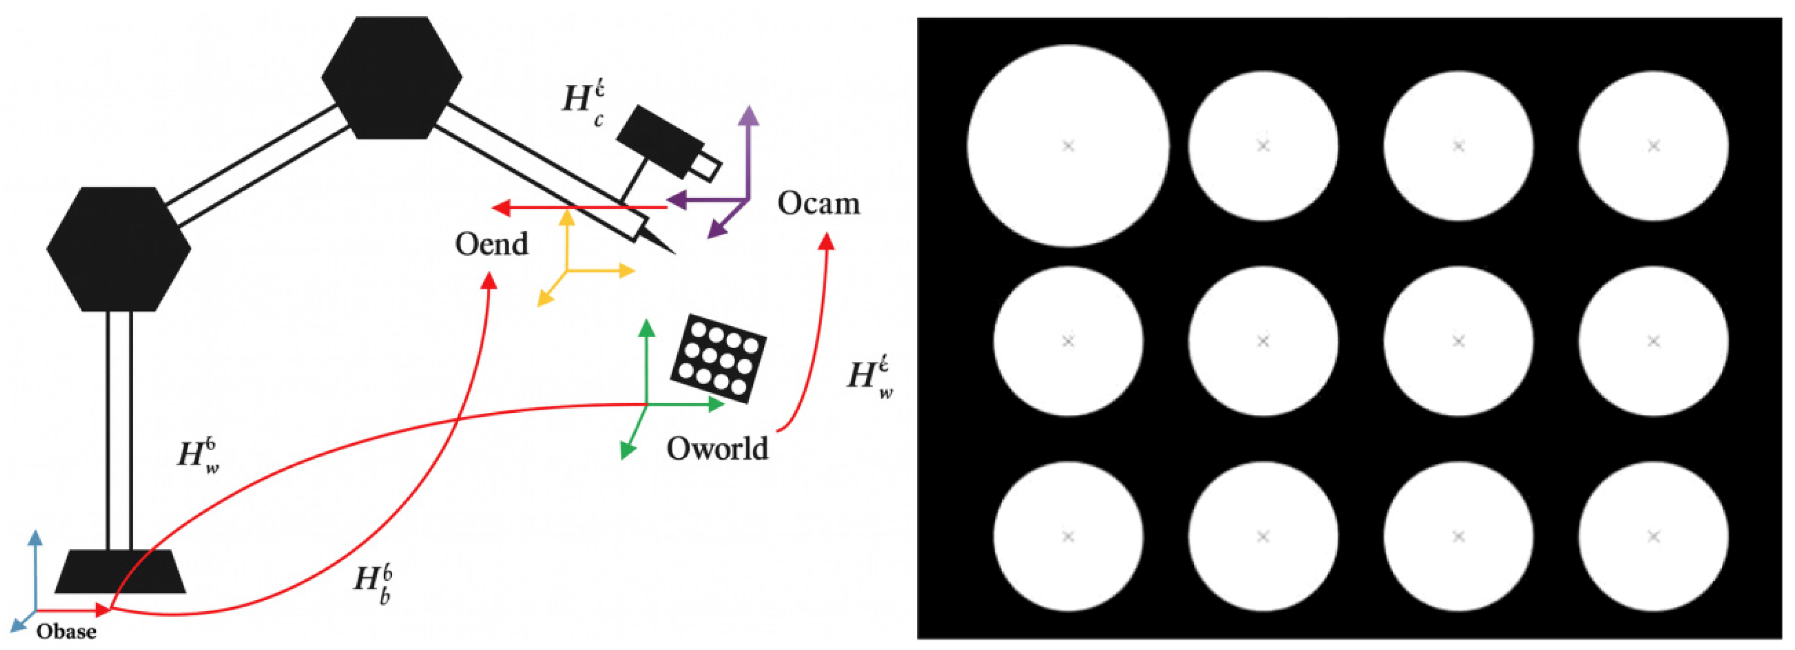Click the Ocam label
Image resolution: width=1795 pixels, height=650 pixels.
click(x=818, y=203)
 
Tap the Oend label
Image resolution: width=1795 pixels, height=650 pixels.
click(x=491, y=244)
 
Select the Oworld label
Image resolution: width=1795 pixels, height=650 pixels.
click(x=717, y=449)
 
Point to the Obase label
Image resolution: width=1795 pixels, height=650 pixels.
click(x=66, y=632)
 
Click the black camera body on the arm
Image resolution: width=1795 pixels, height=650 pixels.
click(x=659, y=141)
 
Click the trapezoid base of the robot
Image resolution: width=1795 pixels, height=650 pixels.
click(x=120, y=572)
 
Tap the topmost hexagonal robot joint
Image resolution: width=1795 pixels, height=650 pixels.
click(x=392, y=77)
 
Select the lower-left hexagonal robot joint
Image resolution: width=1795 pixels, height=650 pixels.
click(x=119, y=249)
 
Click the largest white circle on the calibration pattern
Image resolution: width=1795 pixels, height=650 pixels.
click(x=1067, y=146)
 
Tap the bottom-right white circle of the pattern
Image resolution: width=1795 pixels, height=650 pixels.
click(x=1653, y=536)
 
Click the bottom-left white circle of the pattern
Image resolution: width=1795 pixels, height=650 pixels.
click(x=1067, y=536)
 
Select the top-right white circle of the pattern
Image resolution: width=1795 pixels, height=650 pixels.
click(x=1653, y=146)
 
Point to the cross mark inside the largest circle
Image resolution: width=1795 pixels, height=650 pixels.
click(x=1067, y=146)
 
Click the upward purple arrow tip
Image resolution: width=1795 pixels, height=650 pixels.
click(x=748, y=113)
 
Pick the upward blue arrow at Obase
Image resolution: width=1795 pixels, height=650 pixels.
click(x=34, y=538)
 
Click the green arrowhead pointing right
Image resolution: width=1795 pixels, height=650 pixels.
click(x=718, y=404)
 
